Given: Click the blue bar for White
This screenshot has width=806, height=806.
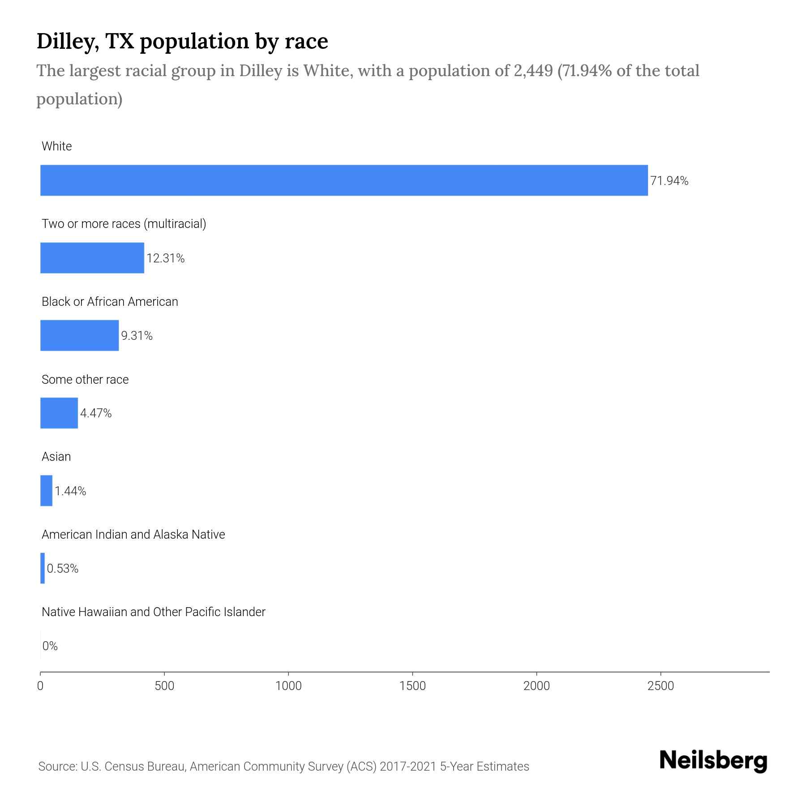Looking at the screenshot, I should (344, 180).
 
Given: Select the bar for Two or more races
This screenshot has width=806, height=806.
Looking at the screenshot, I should (92, 258).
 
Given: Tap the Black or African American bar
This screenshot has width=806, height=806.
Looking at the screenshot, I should (80, 335).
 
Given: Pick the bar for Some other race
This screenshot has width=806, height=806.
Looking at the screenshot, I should (59, 413).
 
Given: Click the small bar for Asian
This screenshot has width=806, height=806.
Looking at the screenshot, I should (47, 491).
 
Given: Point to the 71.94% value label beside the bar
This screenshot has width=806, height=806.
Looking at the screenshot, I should (669, 181).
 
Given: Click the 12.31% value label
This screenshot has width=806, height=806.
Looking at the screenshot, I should (166, 258).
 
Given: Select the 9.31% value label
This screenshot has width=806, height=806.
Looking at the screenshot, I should (137, 336).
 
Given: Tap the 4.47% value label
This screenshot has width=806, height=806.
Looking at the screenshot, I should (96, 413).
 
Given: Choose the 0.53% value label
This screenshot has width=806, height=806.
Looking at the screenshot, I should (63, 569).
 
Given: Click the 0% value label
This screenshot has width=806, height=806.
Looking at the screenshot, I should (50, 646).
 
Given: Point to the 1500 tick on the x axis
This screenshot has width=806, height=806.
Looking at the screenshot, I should (412, 686).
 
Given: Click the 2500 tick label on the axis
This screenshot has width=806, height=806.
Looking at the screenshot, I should (660, 686).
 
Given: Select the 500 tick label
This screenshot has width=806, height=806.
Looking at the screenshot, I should (164, 686).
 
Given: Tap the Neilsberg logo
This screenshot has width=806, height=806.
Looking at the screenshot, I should (713, 761).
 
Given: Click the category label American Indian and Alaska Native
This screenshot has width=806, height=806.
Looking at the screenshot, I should (133, 535).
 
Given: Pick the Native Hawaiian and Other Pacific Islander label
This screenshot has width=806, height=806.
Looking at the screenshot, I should (154, 612).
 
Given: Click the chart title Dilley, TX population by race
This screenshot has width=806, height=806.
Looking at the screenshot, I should (182, 41).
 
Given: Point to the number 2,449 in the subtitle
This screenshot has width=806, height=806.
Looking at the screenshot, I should (533, 71).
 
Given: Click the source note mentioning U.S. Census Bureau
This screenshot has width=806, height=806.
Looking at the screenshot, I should (283, 767).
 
